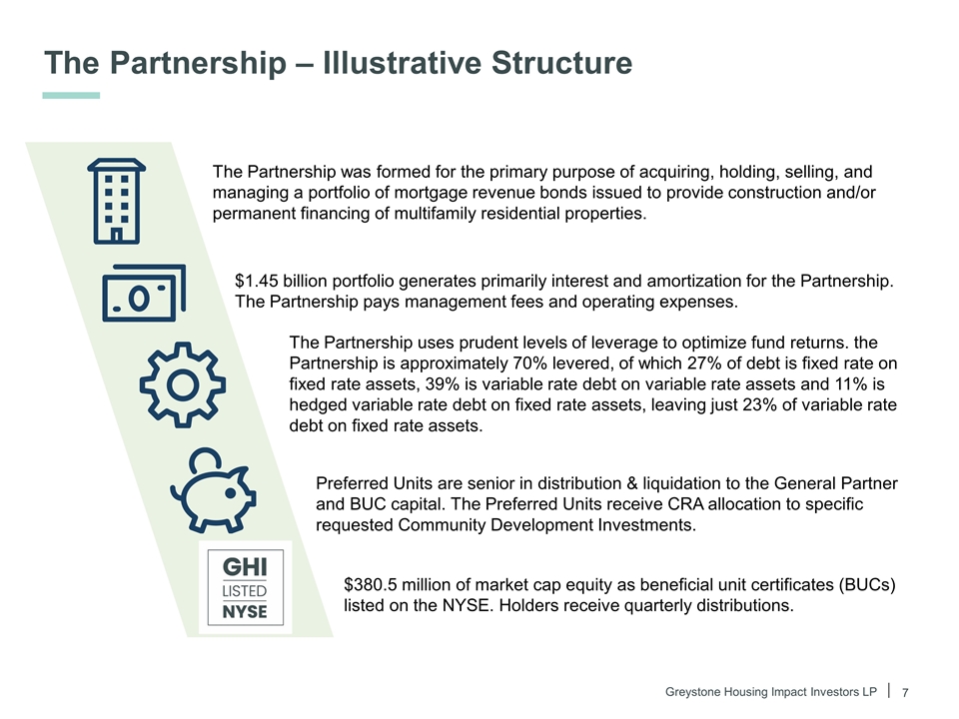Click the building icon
click(x=117, y=200)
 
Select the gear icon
click(x=182, y=385)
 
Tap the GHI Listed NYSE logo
click(x=245, y=587)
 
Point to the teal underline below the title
click(x=71, y=96)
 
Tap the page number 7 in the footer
click(x=905, y=692)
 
